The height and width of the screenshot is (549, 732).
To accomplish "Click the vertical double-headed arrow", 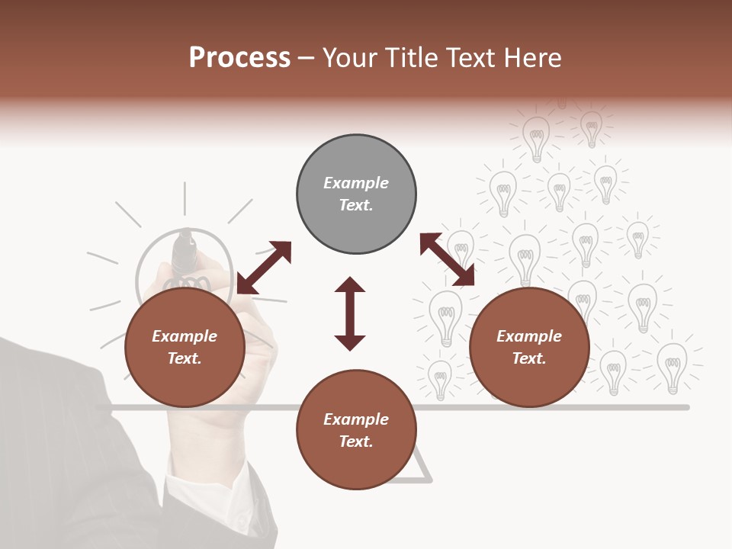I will (350, 313).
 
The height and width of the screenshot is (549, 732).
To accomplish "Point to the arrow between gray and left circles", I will (264, 268).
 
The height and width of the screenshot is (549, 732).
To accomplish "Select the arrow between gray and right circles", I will (447, 260).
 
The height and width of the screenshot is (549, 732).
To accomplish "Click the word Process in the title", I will (239, 58).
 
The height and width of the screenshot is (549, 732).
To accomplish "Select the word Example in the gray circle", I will (356, 183).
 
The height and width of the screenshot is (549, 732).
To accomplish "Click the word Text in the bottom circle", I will (356, 441).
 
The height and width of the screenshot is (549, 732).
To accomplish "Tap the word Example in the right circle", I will (529, 336).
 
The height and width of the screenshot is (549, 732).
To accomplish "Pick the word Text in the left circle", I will (185, 358).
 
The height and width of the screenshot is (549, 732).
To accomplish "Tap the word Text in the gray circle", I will (356, 205).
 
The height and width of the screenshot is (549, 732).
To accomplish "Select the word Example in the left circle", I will (185, 336).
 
